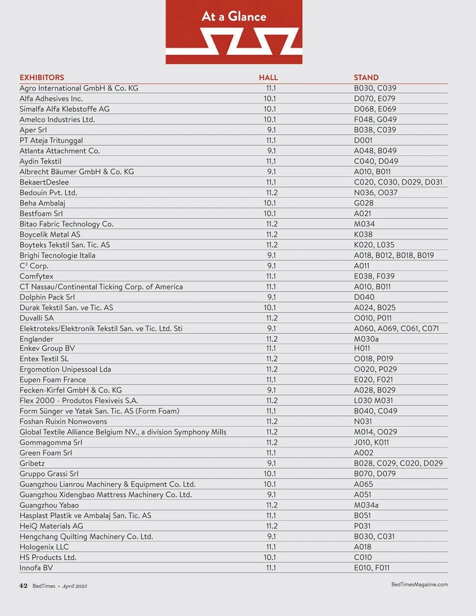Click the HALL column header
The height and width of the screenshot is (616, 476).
[268, 78]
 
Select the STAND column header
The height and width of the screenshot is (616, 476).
[366, 78]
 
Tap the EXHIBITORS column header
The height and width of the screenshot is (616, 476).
[42, 78]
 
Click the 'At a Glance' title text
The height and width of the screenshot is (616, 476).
[234, 17]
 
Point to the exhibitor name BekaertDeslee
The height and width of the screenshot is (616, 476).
[44, 182]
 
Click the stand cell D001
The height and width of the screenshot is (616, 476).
[363, 140]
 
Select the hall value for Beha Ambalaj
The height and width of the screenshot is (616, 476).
[270, 203]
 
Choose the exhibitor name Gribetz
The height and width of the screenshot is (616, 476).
[32, 463]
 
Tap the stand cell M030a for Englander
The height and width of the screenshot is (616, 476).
[366, 339]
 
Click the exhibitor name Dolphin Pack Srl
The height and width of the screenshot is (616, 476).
[47, 297]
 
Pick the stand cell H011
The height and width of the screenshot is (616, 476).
[362, 348]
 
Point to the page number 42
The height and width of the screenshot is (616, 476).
[23, 586]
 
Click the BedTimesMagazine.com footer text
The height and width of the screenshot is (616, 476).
[419, 584]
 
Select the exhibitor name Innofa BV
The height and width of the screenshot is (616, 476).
[36, 568]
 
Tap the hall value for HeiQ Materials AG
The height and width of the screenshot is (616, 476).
[272, 526]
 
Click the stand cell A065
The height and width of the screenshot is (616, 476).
[363, 484]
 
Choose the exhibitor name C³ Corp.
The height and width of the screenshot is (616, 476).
[34, 266]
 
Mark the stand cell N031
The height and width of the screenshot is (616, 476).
[363, 422]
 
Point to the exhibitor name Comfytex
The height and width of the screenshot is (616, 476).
[36, 276]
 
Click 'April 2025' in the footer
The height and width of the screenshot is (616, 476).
[75, 586]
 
